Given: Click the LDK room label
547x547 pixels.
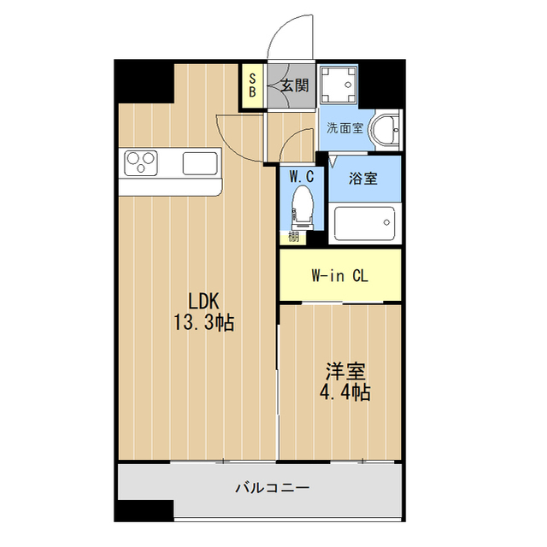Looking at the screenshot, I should [204, 300].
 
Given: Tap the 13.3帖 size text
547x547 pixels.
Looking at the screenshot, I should [204, 322].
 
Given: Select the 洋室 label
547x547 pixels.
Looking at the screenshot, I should [345, 372].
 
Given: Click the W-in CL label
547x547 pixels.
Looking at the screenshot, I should [338, 276].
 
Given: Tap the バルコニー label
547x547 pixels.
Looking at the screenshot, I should [273, 489].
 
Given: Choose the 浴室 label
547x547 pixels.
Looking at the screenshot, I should [363, 179].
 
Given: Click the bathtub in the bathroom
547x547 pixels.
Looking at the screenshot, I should [364, 224].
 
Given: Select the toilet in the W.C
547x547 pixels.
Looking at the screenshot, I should [300, 206].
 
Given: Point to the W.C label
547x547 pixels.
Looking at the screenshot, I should [301, 177].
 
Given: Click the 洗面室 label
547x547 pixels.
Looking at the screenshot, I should [344, 129].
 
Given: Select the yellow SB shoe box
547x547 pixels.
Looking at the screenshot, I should [252, 85].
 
